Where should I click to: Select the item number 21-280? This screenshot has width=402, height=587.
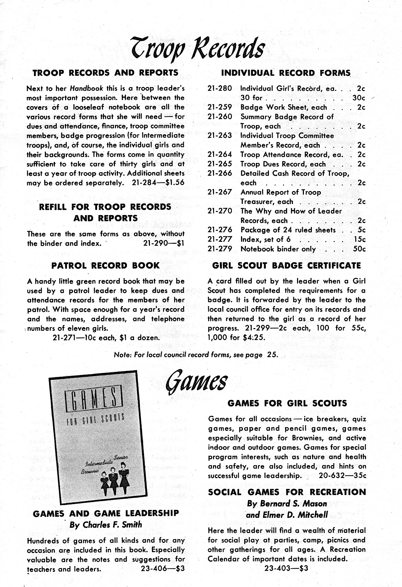click(x=220, y=88)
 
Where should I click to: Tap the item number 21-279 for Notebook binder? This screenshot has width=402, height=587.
click(x=220, y=249)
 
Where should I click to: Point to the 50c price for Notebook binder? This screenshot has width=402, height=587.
click(x=359, y=249)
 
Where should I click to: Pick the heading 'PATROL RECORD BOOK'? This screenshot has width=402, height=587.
click(x=105, y=265)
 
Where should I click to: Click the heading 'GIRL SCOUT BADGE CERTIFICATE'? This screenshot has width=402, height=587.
click(x=287, y=265)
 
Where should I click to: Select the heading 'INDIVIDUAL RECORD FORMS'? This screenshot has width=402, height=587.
click(x=286, y=73)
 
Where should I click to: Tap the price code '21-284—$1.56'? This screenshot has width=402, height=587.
click(x=158, y=183)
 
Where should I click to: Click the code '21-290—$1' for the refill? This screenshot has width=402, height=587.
click(x=163, y=243)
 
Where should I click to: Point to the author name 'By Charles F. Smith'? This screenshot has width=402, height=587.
click(x=106, y=525)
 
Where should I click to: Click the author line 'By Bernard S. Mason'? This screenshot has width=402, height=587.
click(x=287, y=504)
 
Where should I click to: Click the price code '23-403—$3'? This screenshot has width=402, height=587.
click(x=286, y=568)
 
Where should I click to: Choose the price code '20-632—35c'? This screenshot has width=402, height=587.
click(x=342, y=475)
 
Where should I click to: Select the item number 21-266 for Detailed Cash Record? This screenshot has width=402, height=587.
click(x=220, y=173)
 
